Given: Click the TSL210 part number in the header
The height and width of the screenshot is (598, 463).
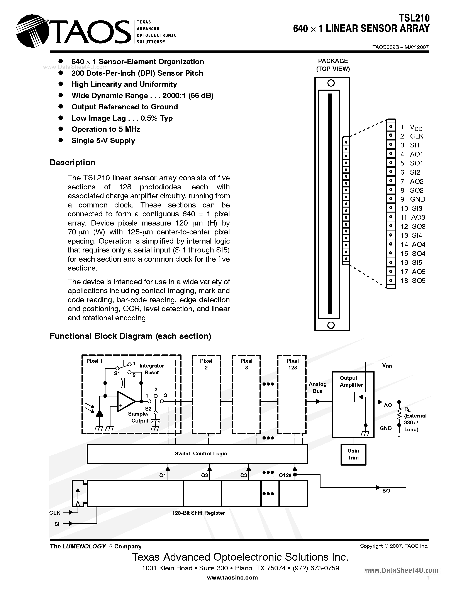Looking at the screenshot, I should tap(414, 18).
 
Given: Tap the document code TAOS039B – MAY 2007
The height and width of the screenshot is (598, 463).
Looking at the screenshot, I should tap(400, 47).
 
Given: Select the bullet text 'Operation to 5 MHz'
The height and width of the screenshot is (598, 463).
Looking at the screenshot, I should tap(106, 129).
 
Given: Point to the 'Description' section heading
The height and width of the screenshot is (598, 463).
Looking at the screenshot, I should tap(72, 162).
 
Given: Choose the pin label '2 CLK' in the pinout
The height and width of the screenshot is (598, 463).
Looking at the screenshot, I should tap(411, 136).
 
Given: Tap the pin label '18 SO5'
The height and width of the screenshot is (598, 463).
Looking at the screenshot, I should tap(413, 281).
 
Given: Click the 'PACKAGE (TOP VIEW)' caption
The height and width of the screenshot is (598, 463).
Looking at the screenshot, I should tap(333, 65).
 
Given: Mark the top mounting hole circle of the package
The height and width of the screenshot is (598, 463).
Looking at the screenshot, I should tap(331, 83).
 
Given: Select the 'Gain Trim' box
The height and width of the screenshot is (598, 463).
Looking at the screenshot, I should tap(353, 454).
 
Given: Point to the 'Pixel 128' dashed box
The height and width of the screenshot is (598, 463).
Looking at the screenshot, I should tap(292, 394).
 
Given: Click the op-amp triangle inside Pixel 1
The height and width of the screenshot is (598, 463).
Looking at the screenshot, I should tap(125, 401).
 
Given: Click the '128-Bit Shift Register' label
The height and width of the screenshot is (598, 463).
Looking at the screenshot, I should tap(198, 513).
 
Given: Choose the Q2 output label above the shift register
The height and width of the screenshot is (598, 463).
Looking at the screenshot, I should tap(205, 476).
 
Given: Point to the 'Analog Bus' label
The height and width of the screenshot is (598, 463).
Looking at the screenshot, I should tap(317, 388).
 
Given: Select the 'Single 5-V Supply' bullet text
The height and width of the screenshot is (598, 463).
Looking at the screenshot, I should tap(103, 141).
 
